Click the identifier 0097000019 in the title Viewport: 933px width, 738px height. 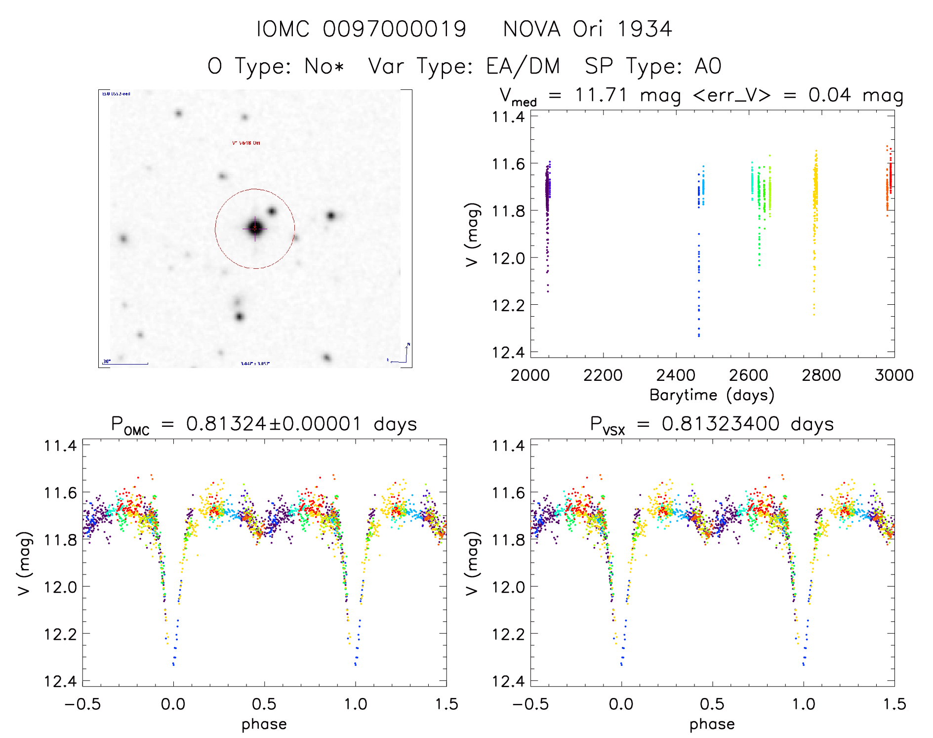pyautogui.click(x=394, y=29)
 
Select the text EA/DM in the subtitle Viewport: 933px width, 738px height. pyautogui.click(x=523, y=66)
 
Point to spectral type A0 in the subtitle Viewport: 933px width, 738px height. pyautogui.click(x=708, y=66)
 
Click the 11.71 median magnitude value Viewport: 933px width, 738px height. pyautogui.click(x=601, y=95)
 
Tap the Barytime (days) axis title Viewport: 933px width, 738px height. pyautogui.click(x=712, y=395)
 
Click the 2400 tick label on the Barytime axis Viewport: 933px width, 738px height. pyautogui.click(x=676, y=375)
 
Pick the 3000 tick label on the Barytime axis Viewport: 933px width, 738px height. pyautogui.click(x=894, y=375)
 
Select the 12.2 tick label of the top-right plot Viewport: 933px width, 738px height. pyautogui.click(x=508, y=305)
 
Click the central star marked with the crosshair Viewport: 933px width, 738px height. pyautogui.click(x=255, y=228)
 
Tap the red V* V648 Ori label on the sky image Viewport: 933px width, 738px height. pyautogui.click(x=246, y=143)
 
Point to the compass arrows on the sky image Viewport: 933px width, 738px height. pyautogui.click(x=401, y=355)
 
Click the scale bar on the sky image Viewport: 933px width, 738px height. pyautogui.click(x=126, y=364)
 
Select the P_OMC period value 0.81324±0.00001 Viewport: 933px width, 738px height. pyautogui.click(x=274, y=424)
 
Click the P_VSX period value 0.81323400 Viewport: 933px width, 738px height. pyautogui.click(x=720, y=424)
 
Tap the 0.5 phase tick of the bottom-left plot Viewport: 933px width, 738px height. pyautogui.click(x=264, y=704)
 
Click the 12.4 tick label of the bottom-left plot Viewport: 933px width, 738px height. pyautogui.click(x=60, y=682)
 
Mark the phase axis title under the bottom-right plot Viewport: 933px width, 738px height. pyautogui.click(x=712, y=724)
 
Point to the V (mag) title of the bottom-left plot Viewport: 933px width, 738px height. pyautogui.click(x=25, y=563)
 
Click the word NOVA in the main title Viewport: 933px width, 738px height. pyautogui.click(x=531, y=29)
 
